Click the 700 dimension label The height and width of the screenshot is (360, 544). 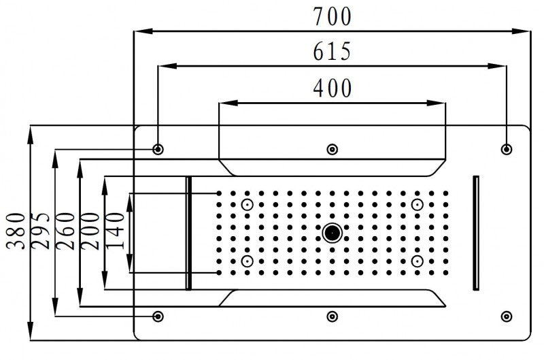tap(333, 16)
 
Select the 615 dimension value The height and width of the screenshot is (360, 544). tap(333, 52)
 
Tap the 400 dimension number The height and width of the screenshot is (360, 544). tap(333, 88)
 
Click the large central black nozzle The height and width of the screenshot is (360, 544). tap(332, 233)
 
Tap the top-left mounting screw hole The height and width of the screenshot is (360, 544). tap(158, 149)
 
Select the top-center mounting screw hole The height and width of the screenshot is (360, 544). tap(332, 149)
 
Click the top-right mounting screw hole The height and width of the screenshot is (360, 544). tap(506, 149)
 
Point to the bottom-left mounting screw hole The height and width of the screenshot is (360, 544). tap(158, 316)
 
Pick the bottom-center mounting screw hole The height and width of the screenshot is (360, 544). tap(332, 316)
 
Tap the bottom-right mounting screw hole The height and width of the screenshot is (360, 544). tap(506, 316)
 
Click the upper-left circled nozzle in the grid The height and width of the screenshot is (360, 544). tap(247, 205)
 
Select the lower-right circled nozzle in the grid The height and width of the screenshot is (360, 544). tap(417, 261)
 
